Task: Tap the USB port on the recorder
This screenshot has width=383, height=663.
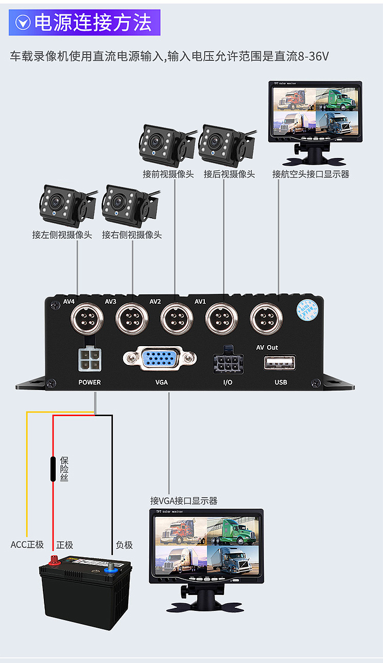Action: [x=280, y=362]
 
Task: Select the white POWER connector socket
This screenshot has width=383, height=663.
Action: [x=89, y=359]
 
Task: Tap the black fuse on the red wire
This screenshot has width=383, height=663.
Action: [x=53, y=469]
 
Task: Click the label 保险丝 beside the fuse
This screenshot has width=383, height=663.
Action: [x=64, y=469]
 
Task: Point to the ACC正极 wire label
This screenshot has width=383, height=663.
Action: [x=28, y=545]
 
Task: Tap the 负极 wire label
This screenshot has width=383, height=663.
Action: [x=124, y=545]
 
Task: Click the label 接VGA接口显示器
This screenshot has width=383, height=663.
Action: [x=184, y=500]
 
